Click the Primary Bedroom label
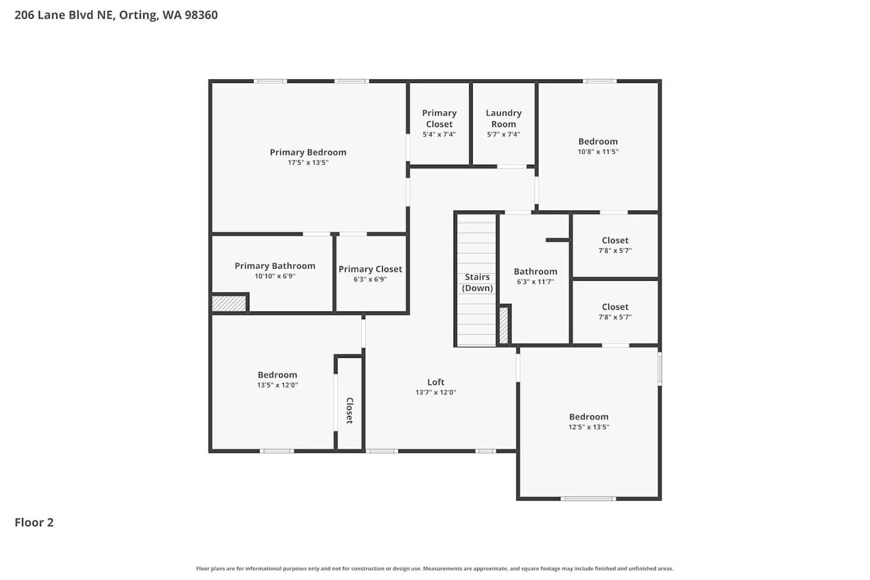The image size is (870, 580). point(308,152)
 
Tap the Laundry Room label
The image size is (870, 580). point(503,118)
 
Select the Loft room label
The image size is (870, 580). point(436,382)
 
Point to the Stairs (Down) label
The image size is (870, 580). point(477,282)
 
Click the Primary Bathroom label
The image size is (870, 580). point(275,266)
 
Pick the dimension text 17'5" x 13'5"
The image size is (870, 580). point(308,163)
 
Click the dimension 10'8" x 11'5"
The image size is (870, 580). point(598,152)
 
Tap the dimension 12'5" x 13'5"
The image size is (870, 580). point(589,427)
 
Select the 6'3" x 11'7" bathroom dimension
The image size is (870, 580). point(535,282)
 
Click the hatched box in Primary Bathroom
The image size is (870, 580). point(229,303)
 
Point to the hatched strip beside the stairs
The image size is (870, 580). point(503,325)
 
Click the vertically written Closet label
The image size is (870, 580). point(350,410)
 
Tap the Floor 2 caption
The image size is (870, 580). point(34,522)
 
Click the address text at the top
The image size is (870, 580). point(116,15)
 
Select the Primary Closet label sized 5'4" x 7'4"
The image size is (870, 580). point(439,118)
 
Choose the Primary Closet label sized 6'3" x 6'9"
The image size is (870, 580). point(370,269)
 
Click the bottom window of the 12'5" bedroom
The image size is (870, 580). point(589,498)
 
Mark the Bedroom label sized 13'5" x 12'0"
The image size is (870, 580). point(277,375)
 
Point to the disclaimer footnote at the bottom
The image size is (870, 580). point(435,569)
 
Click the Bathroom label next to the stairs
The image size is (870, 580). point(535,271)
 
